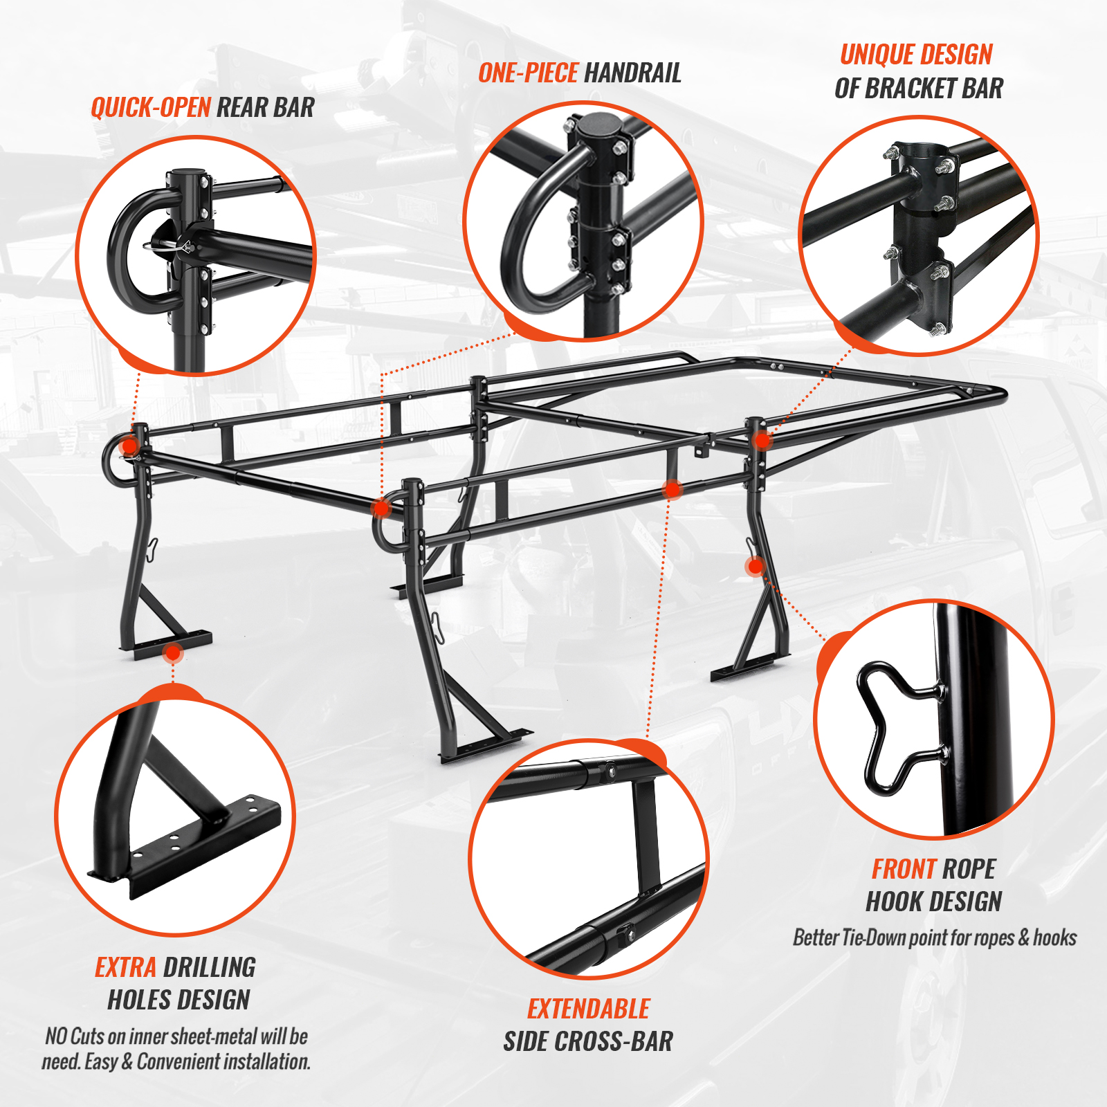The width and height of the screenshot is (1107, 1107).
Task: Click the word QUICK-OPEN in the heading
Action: [151, 107]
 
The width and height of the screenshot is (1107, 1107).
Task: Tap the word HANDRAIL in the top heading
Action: [633, 73]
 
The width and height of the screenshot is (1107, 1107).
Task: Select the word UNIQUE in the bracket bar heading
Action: [878, 55]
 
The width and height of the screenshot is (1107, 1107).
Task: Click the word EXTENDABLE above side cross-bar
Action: [589, 1009]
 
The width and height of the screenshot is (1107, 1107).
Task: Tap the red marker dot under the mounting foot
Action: [173, 652]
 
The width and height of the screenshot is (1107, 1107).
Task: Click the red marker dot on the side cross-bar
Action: [672, 490]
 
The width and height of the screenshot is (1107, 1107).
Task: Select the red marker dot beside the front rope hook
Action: [756, 567]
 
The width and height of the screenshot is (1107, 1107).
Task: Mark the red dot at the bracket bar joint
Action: [762, 440]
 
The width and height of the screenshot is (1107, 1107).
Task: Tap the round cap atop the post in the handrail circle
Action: [599, 127]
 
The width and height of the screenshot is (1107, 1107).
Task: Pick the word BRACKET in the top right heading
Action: [911, 89]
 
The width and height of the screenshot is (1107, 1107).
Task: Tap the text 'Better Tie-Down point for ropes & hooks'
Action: [935, 937]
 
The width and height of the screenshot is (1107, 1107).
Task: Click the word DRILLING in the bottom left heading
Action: [210, 967]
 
